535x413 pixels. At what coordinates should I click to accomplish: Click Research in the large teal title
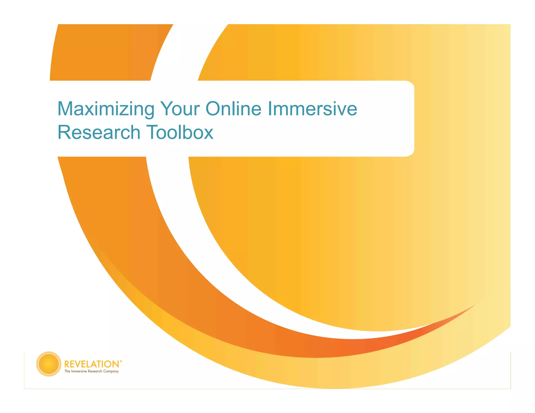(99, 132)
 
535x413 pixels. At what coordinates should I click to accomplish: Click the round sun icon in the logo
(49, 364)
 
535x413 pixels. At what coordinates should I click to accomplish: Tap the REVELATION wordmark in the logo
(92, 364)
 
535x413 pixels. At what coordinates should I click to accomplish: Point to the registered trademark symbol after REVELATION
(121, 361)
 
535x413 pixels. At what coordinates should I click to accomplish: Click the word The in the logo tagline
(67, 371)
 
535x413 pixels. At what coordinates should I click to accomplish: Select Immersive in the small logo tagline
(79, 371)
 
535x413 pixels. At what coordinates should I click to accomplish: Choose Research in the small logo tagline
(95, 371)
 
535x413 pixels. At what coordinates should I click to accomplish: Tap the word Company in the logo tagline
(111, 371)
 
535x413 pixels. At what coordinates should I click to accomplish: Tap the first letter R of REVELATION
(67, 364)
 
